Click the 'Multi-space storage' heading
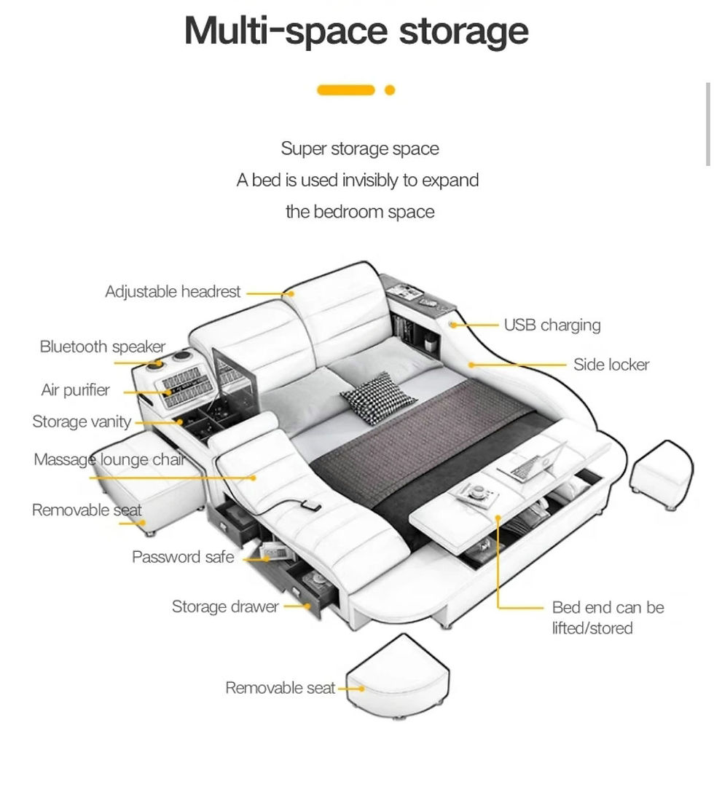pos(356,31)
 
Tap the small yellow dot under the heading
pos(390,90)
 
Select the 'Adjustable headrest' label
pos(173,291)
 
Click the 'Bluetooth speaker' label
pos(103,347)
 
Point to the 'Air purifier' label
pos(75,390)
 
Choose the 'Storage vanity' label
pos(82,422)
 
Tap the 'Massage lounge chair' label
pos(109,459)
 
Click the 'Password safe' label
pos(183,557)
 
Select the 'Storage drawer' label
pos(225,606)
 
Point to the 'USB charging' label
pos(552,325)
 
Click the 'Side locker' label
pos(611,365)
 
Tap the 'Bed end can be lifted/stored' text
pos(608,617)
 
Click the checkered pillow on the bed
pos(378,398)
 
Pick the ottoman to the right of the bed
pos(662,475)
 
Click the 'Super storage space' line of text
pos(360,149)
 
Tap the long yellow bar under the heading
pos(345,90)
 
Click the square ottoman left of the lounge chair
pos(149,482)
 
